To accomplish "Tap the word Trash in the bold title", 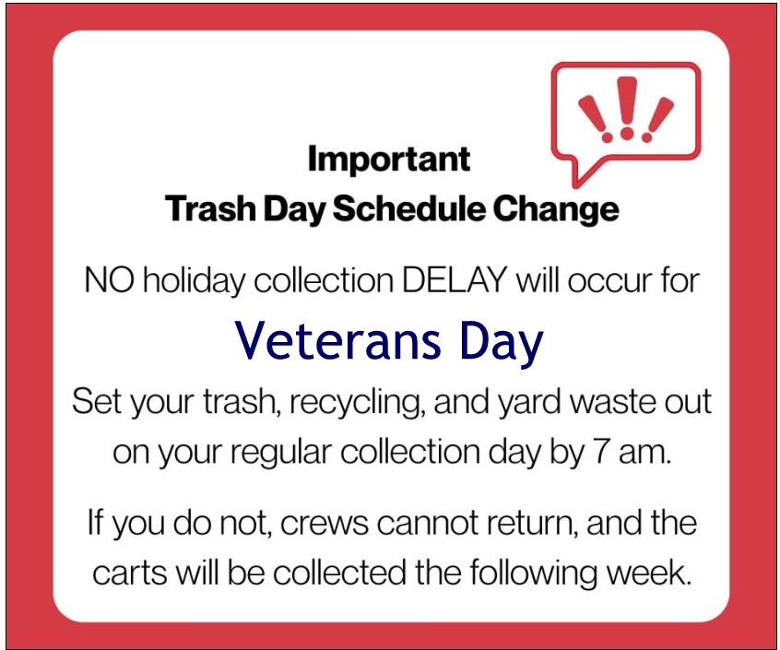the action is [210, 208].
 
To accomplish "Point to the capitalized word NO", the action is [110, 281].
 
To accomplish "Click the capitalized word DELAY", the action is [455, 281].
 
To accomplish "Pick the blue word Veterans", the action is [337, 341].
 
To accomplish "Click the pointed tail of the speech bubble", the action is [577, 185].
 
